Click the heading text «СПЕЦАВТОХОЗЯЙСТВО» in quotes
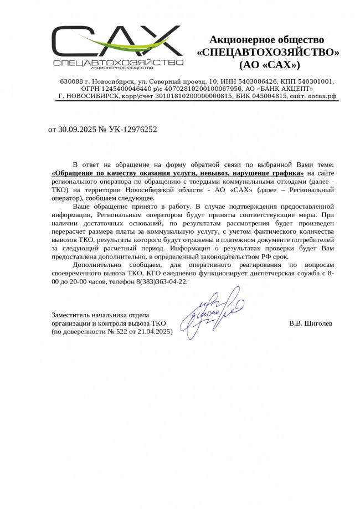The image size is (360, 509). coord(268,53)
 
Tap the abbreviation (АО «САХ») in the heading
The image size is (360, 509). coord(269,65)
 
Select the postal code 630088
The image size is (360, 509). coord(71,81)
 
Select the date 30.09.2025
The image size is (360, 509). coord(76,130)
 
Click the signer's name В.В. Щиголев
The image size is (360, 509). coord(311,323)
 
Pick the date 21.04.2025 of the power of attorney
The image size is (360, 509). coord(151,331)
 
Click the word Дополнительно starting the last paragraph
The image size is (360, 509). coord(97,265)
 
